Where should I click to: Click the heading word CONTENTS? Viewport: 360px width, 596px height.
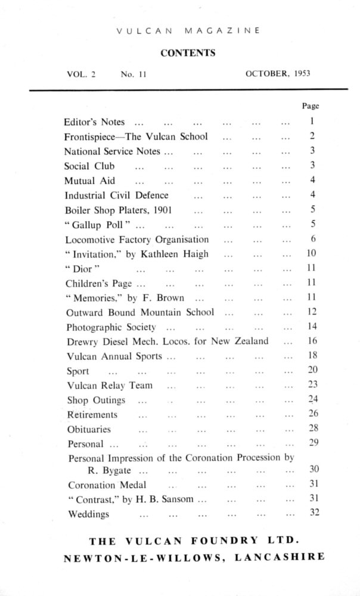coord(188,53)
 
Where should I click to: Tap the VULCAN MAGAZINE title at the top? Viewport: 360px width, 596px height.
coord(188,29)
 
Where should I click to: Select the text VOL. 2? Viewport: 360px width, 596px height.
coord(82,74)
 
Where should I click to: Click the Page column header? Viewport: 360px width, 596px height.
coord(311,106)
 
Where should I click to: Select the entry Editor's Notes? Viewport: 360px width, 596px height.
coord(94,122)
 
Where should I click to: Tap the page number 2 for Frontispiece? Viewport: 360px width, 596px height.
coord(312,136)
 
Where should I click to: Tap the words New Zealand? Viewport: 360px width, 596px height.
coord(245,342)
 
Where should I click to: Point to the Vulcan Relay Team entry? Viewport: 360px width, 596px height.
coord(110,385)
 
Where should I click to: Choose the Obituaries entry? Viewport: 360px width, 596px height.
coord(89,429)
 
